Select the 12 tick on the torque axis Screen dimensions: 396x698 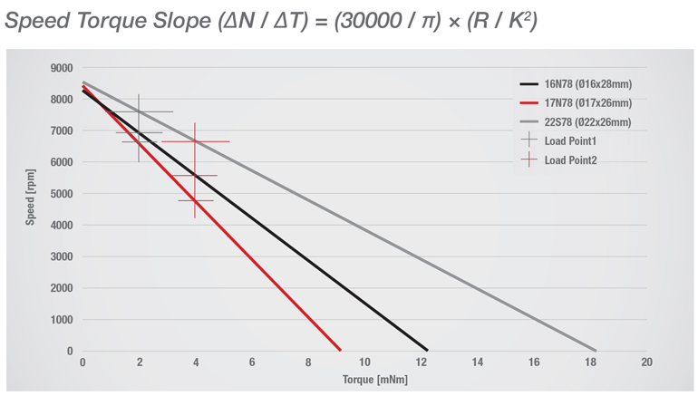pyautogui.click(x=421, y=362)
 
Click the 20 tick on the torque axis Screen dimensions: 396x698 pyautogui.click(x=645, y=362)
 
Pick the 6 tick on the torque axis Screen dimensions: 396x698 pyautogui.click(x=252, y=362)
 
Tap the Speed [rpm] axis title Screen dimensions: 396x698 pyautogui.click(x=31, y=198)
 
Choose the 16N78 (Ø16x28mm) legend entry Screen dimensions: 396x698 pyautogui.click(x=587, y=84)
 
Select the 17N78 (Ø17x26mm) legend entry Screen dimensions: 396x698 pyautogui.click(x=587, y=103)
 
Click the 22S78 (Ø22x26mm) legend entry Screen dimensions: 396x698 pyautogui.click(x=587, y=122)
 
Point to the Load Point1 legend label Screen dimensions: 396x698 pyautogui.click(x=570, y=141)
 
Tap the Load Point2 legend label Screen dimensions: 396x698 pyautogui.click(x=570, y=160)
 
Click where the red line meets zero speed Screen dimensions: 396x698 pyautogui.click(x=340, y=350)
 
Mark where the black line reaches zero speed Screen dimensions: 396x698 pyautogui.click(x=427, y=350)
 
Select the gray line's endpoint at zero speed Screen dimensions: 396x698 pyautogui.click(x=596, y=350)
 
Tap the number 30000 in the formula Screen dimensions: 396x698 pyautogui.click(x=365, y=21)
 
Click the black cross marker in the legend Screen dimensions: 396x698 pyautogui.click(x=529, y=141)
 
